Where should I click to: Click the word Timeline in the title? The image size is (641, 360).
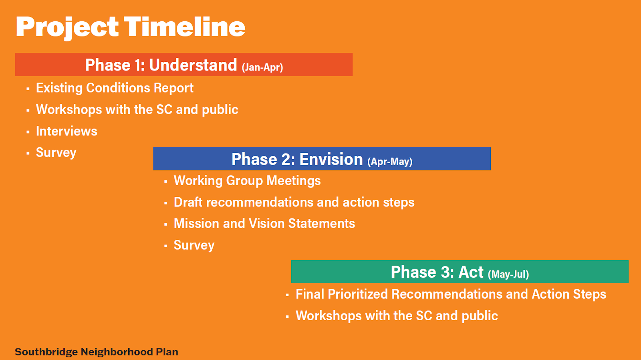tap(185, 26)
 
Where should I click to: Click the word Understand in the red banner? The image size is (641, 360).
tap(193, 65)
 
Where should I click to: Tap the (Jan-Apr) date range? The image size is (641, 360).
tap(262, 67)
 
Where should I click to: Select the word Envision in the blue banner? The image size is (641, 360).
tap(331, 159)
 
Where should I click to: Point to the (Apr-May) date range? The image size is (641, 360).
tap(390, 162)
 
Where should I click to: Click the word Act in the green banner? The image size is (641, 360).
tap(471, 272)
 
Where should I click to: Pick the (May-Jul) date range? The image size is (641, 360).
tap(508, 274)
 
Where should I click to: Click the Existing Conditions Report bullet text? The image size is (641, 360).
tap(115, 88)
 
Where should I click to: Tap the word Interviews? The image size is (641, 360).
tap(67, 131)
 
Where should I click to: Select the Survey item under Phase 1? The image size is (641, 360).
tap(56, 153)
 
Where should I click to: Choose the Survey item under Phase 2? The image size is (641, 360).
tap(194, 245)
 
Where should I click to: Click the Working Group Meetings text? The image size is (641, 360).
tap(247, 181)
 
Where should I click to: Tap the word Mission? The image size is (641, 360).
tap(197, 224)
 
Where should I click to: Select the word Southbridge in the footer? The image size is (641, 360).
tap(46, 352)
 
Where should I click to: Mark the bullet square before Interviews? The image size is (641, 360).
tap(28, 132)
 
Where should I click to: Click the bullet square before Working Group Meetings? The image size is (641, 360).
tap(166, 181)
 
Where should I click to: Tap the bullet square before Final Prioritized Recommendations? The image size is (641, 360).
tap(287, 295)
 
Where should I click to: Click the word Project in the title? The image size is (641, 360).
tap(67, 28)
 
